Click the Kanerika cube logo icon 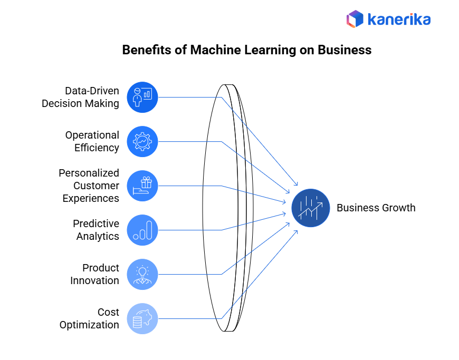(355, 20)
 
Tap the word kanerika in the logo (399, 20)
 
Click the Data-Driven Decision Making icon (142, 97)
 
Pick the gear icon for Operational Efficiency (142, 141)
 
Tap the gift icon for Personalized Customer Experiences (142, 186)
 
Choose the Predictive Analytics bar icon (142, 230)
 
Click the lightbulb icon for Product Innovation (142, 274)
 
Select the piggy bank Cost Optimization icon (142, 318)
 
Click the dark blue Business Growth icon (311, 208)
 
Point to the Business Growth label (376, 208)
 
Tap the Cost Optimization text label (89, 318)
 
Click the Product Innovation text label (95, 274)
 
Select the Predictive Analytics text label (96, 230)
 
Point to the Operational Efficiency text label (92, 141)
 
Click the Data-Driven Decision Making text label (81, 97)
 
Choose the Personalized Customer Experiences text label (89, 186)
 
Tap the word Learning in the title (270, 50)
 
